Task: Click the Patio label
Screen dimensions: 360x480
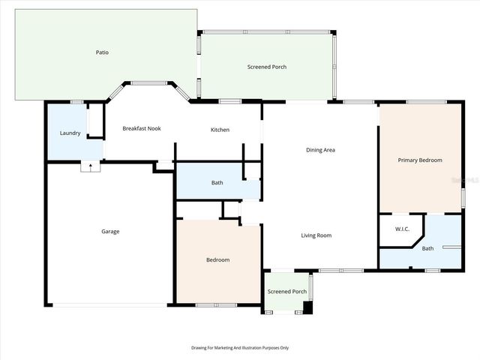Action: pos(102,52)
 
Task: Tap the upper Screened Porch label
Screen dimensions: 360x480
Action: pos(267,67)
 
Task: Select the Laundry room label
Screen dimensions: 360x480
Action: pos(70,133)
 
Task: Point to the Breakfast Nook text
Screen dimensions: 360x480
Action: pos(142,128)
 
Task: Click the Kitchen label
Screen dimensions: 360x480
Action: pos(220,130)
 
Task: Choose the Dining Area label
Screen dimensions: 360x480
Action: pos(320,150)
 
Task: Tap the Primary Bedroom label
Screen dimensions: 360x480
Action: pos(420,160)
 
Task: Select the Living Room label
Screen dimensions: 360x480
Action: pos(316,235)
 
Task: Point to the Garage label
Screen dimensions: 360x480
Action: pos(110,231)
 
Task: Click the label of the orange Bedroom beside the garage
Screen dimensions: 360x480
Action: pos(217,259)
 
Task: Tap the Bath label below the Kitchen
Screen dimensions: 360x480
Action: pos(217,182)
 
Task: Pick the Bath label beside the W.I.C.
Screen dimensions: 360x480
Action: pos(427,248)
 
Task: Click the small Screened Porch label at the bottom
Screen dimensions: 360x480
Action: pos(287,291)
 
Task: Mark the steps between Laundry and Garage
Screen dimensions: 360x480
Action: pos(90,167)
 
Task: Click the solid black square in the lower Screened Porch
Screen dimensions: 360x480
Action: pos(307,307)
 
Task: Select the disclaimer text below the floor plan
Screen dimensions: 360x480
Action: pos(240,348)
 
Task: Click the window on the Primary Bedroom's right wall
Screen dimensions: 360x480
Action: pos(462,197)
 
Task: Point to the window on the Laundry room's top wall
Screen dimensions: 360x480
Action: pos(76,102)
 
